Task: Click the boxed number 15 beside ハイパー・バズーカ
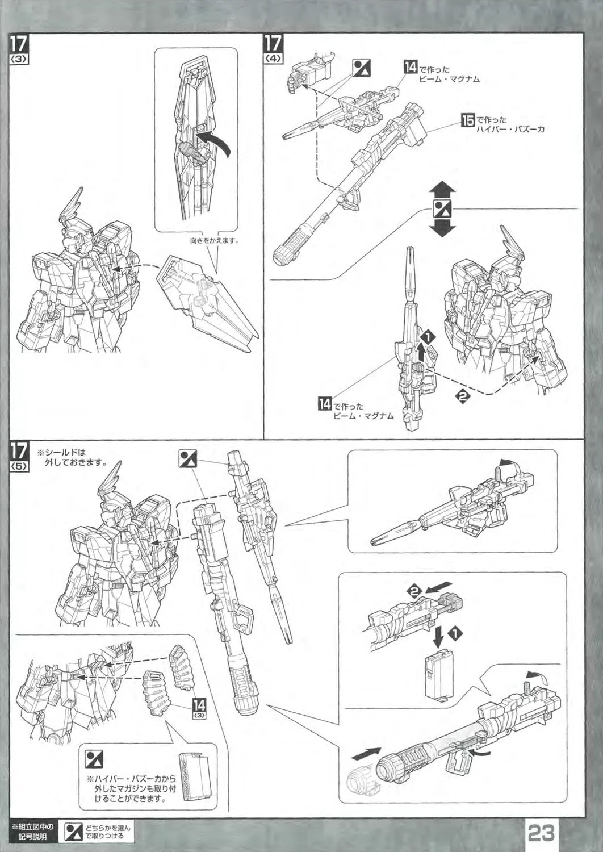468,120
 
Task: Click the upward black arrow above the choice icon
442,191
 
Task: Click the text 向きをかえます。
215,240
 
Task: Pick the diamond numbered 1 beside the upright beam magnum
428,336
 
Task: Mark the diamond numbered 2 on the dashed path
463,396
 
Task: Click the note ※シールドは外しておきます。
73,457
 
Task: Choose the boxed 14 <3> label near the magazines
199,708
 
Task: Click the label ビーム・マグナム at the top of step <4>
449,79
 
